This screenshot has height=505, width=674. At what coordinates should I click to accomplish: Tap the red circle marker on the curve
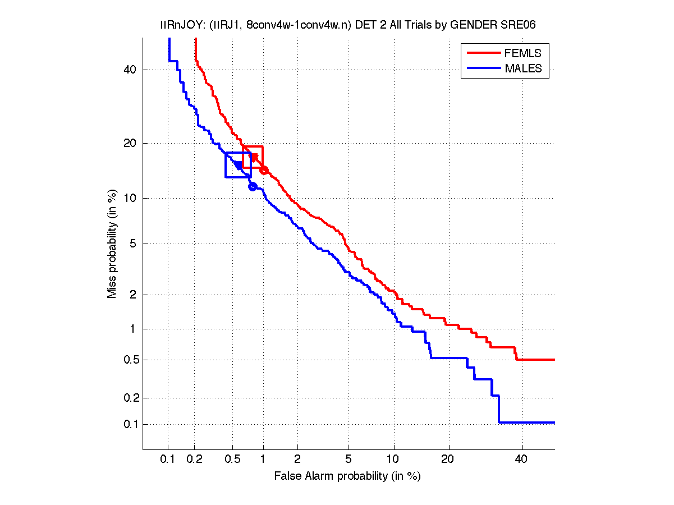pyautogui.click(x=264, y=170)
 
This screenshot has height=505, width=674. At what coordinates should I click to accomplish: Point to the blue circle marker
pyautogui.click(x=253, y=186)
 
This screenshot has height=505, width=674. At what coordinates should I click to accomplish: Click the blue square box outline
pyautogui.click(x=226, y=165)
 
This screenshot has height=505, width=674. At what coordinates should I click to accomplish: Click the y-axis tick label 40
pyautogui.click(x=131, y=70)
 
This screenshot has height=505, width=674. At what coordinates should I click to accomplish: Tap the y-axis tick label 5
pyautogui.click(x=134, y=244)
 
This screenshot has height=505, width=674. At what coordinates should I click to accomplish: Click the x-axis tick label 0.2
pyautogui.click(x=194, y=460)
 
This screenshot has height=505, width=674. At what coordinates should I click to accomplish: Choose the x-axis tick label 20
pyautogui.click(x=447, y=460)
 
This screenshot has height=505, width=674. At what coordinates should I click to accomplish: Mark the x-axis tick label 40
pyautogui.click(x=522, y=460)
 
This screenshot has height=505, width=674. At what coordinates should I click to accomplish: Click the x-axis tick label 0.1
pyautogui.click(x=168, y=460)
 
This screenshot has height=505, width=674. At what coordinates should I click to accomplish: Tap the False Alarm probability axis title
pyautogui.click(x=347, y=476)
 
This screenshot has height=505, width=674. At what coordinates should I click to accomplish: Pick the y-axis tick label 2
pyautogui.click(x=134, y=295)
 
